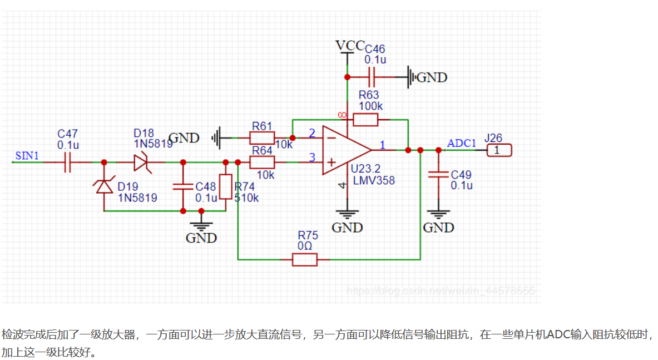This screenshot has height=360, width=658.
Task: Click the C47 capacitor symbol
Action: point(68,162)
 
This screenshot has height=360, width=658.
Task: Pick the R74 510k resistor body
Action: point(225,187)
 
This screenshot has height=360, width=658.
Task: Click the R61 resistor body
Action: point(262,137)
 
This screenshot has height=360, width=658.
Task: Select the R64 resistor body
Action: point(262,162)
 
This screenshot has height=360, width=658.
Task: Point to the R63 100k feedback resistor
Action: point(366,119)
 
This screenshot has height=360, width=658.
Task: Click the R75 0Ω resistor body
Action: point(304,259)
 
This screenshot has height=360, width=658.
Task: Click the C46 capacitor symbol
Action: point(373,76)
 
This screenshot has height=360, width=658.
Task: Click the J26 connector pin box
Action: point(498,150)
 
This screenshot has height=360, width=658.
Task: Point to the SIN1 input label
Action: point(27,156)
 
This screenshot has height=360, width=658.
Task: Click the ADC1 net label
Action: point(462,143)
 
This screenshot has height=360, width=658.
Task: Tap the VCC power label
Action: point(349,45)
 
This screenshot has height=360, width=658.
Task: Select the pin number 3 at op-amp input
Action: point(311,157)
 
